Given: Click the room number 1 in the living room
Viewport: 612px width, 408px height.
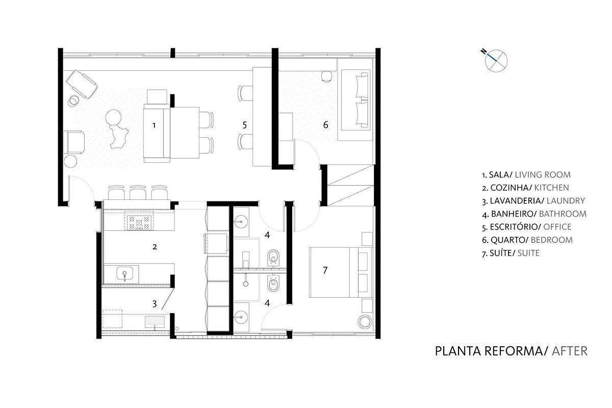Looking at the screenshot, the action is pyautogui.click(x=154, y=125).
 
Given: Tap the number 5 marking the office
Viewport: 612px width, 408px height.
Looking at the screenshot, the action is pyautogui.click(x=244, y=125).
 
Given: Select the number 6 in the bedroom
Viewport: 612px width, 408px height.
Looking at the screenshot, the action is pyautogui.click(x=326, y=125).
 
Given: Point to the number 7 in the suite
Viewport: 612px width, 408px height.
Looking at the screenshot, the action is pyautogui.click(x=325, y=270).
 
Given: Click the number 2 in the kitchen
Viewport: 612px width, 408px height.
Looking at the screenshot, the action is pyautogui.click(x=155, y=247).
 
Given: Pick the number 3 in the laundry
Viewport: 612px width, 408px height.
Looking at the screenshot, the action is pyautogui.click(x=155, y=303).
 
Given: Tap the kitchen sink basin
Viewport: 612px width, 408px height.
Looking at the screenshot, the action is pyautogui.click(x=124, y=273).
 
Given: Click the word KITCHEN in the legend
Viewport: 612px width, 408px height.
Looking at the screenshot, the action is pyautogui.click(x=551, y=188).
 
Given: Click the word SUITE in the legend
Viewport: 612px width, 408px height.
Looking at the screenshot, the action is pyautogui.click(x=528, y=253).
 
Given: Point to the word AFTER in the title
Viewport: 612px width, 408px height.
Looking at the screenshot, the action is pyautogui.click(x=570, y=351).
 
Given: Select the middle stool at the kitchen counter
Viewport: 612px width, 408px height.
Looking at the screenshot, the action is pyautogui.click(x=138, y=193).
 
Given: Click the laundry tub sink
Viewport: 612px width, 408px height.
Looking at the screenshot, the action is pyautogui.click(x=155, y=322).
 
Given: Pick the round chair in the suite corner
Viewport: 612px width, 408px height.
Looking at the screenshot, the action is pyautogui.click(x=365, y=322).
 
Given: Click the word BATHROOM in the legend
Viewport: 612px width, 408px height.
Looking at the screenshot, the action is pyautogui.click(x=563, y=214).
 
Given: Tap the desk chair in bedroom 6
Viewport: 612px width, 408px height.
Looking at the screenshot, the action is pyautogui.click(x=326, y=76).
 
